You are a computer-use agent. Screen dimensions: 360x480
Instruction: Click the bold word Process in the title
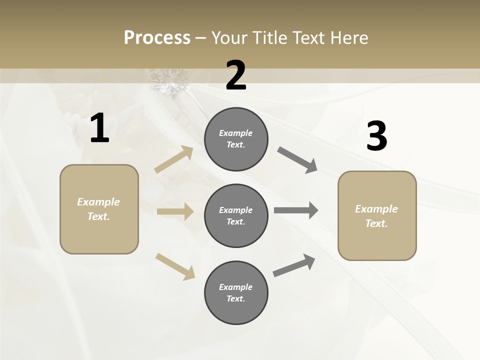pos(157,38)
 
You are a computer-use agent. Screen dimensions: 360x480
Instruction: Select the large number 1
pos(99,128)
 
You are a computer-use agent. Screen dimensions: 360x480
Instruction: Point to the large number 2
pos(236,75)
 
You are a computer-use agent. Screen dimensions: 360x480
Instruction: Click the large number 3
pos(376,136)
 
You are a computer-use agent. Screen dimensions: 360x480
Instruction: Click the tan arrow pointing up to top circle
pos(174,159)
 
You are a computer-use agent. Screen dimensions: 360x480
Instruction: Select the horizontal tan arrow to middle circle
pos(175,211)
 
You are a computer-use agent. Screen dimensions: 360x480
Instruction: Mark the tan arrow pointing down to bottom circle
pos(175,266)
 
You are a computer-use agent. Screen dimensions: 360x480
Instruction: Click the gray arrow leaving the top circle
pos(297,160)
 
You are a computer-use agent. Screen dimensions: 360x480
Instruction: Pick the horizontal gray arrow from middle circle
pos(296,210)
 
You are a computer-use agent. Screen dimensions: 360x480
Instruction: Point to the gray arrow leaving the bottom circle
pos(294,265)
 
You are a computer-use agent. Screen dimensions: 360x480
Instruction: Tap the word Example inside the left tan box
pos(98,202)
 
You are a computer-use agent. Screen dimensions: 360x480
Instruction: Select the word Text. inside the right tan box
pos(376,223)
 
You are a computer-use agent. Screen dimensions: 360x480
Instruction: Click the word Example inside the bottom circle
pos(235,287)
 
